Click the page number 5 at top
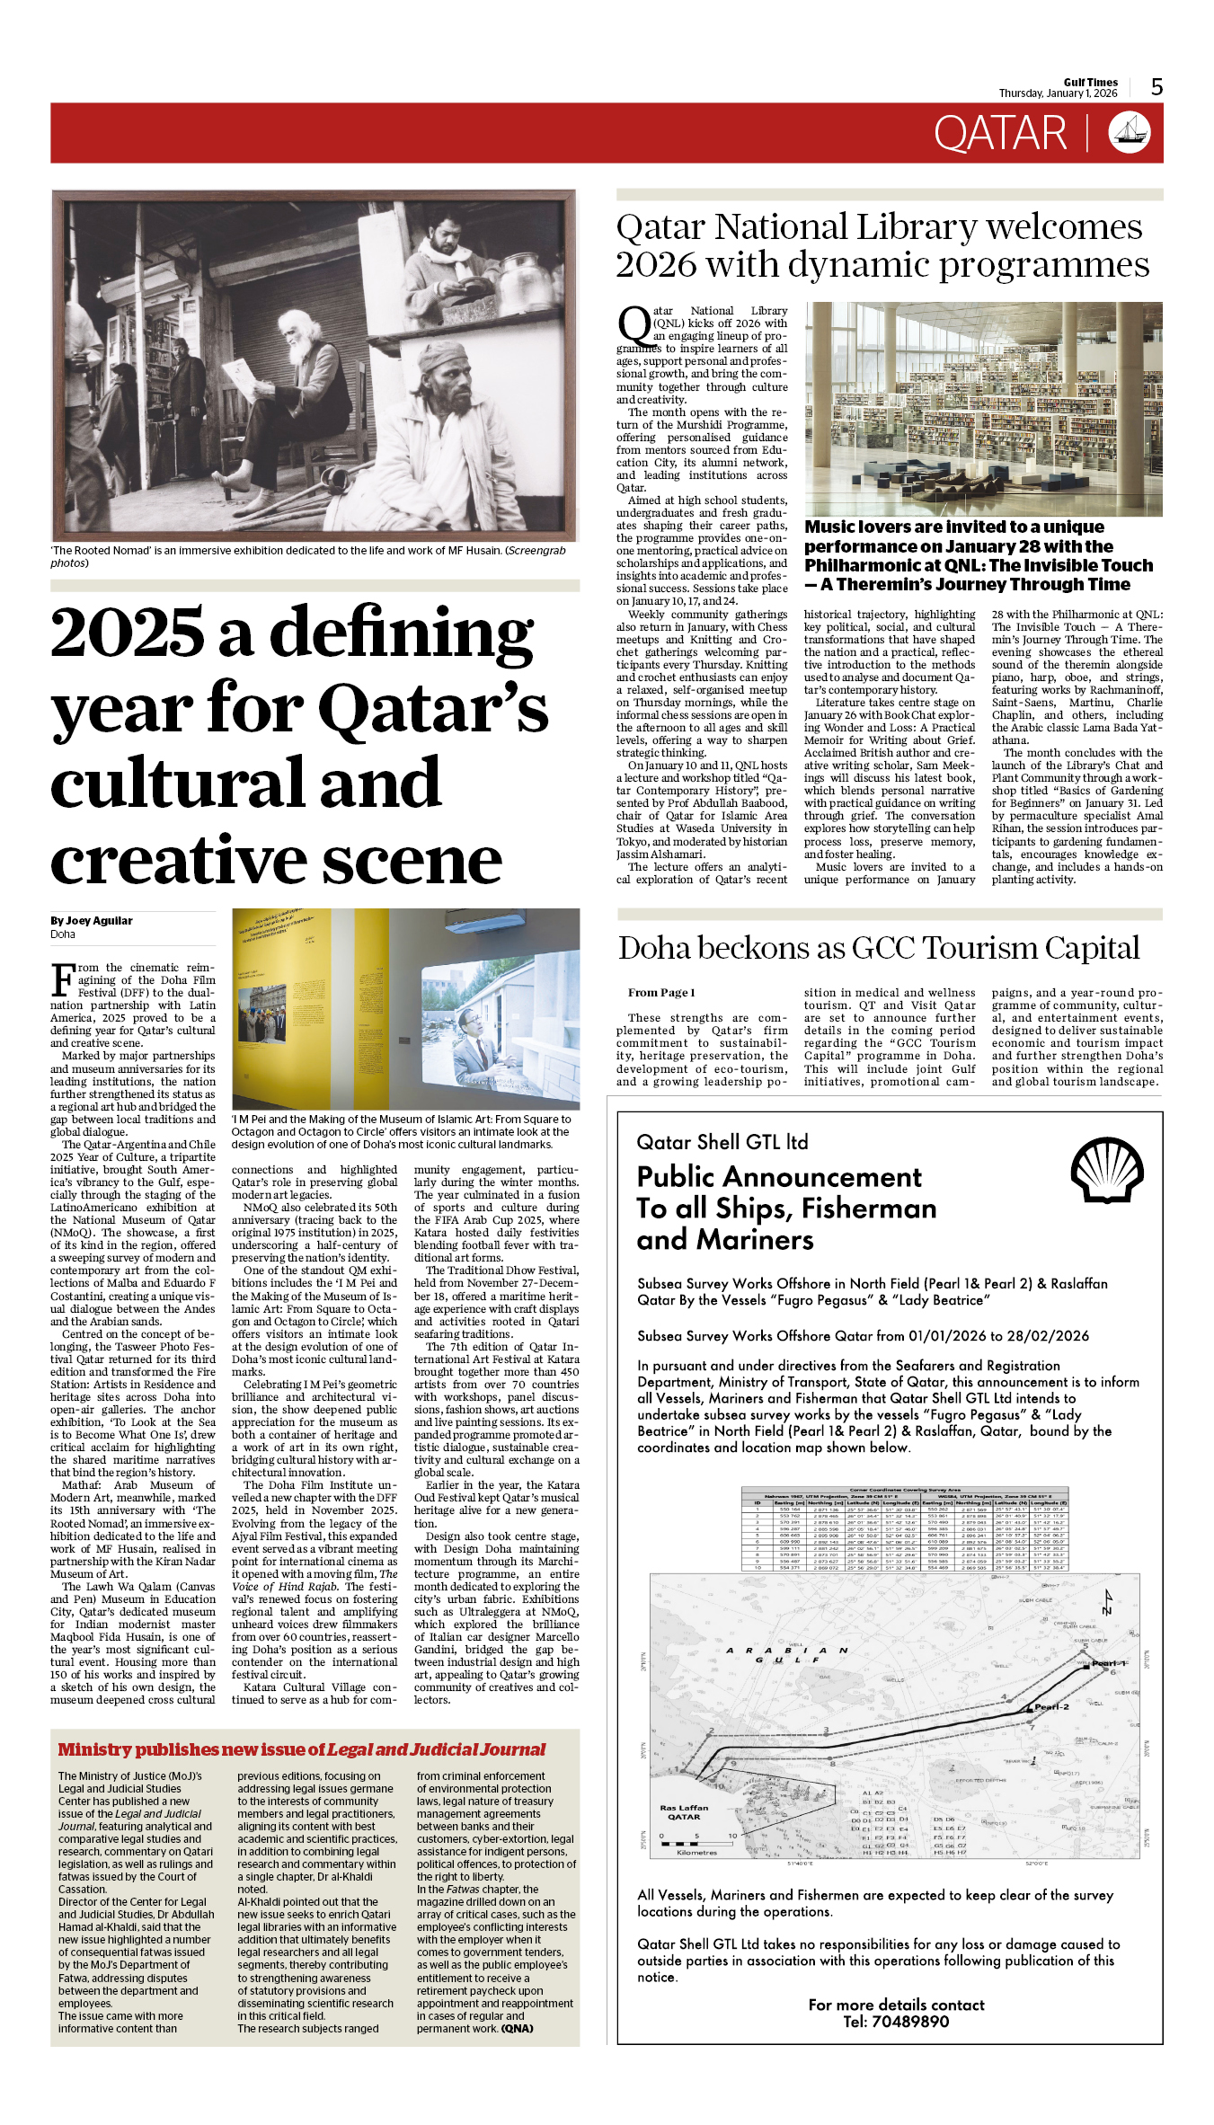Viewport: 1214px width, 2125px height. tap(1156, 87)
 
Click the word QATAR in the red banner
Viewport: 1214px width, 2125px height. tap(999, 134)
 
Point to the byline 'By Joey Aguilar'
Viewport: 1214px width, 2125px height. tap(92, 921)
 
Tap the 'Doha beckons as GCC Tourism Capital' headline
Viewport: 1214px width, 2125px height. tap(878, 949)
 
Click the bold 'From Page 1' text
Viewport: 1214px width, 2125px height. tap(661, 993)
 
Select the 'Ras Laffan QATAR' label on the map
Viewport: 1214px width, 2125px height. tap(684, 1811)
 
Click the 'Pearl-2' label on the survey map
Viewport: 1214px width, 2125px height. tap(1051, 1706)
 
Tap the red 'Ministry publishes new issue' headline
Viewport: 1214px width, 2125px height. tap(301, 1749)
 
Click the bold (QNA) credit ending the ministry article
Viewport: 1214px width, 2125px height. tap(517, 2028)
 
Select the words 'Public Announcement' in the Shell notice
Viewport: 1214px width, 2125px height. tap(779, 1177)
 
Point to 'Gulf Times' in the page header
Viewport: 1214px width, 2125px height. tap(1091, 82)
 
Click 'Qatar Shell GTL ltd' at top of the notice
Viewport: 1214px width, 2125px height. tap(722, 1142)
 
